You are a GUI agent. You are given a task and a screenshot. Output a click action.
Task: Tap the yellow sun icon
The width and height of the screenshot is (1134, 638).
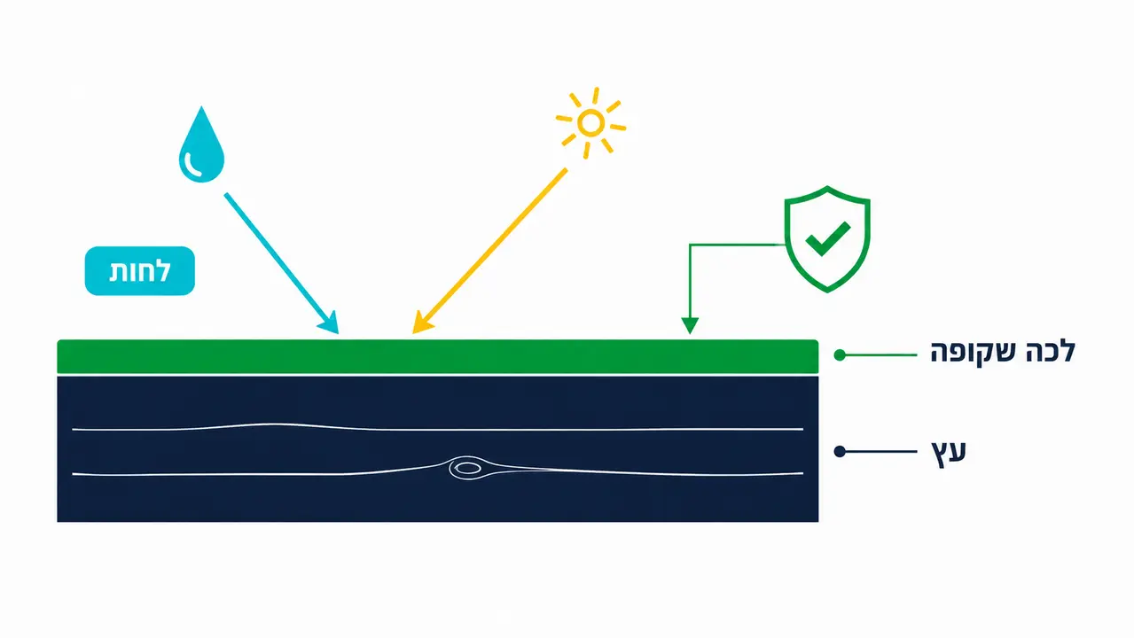[x=590, y=123]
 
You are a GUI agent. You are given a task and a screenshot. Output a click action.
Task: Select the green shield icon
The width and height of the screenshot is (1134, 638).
[x=827, y=239]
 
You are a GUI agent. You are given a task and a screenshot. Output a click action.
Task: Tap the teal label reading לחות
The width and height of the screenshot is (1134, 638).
[x=140, y=270]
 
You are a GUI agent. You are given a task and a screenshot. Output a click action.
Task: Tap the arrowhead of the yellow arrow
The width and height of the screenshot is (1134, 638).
[x=421, y=323]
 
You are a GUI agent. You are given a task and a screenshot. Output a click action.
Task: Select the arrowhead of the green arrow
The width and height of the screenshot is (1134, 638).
[x=690, y=325]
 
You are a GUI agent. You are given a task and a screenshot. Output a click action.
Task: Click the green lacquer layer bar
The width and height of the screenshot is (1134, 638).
[x=437, y=356]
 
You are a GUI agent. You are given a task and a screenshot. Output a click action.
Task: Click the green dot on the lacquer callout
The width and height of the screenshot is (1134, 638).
[x=840, y=355]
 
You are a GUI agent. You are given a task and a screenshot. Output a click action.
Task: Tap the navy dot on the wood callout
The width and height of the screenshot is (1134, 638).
[x=840, y=451]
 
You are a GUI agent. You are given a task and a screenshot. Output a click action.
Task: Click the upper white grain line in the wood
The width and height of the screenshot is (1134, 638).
[x=437, y=429]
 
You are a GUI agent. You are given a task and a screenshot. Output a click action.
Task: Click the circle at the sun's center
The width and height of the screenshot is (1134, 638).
[x=590, y=123]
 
